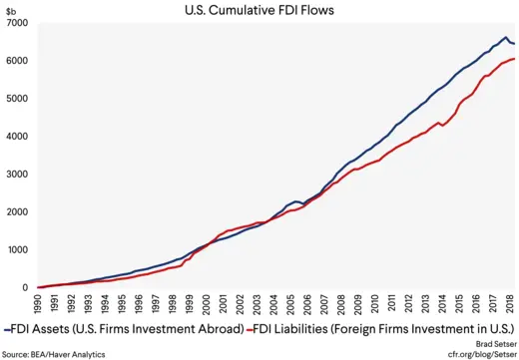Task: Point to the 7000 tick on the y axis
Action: tap(15, 23)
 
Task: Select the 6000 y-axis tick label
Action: tap(15, 61)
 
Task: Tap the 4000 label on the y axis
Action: tap(15, 137)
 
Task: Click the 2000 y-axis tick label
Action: tap(15, 212)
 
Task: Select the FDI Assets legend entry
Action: tap(125, 328)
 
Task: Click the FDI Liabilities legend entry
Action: tap(384, 328)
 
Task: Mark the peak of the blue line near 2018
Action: tap(505, 38)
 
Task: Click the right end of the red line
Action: tap(514, 59)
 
